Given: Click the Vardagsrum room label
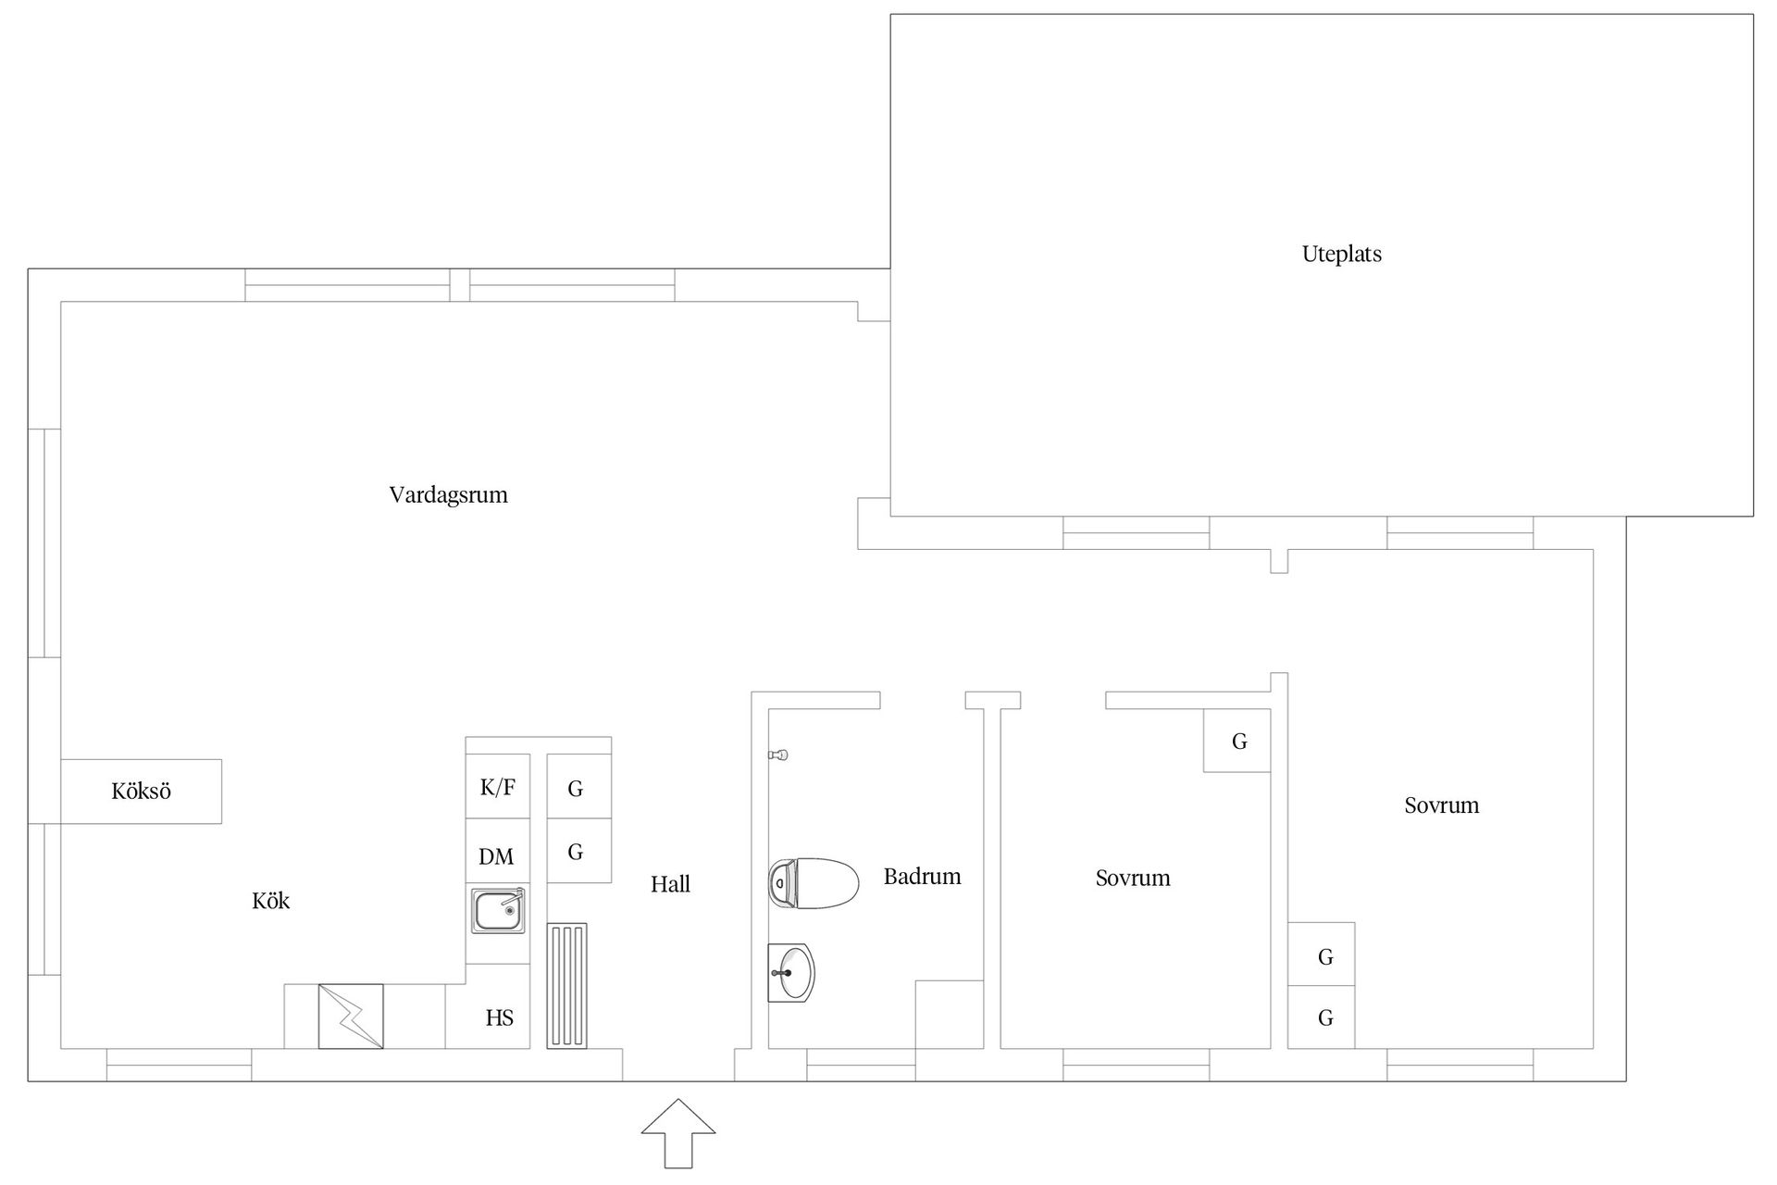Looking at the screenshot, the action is [449, 495].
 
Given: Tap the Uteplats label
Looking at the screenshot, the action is [1341, 255].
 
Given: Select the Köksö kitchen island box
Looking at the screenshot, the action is [141, 792].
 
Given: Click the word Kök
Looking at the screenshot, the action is [271, 901].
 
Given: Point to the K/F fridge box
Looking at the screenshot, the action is [498, 787].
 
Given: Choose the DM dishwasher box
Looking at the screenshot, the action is [498, 851].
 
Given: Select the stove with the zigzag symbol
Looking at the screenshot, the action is [351, 1017].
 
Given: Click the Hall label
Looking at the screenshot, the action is [670, 885].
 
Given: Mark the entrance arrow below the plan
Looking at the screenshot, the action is [678, 1133].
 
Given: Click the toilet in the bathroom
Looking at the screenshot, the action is [814, 883].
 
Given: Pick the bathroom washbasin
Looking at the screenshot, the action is [791, 973].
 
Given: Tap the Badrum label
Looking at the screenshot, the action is [922, 877].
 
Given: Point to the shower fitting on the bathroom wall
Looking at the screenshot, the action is [778, 755].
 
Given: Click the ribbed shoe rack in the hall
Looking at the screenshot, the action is [566, 986].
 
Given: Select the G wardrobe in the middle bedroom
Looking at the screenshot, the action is [1236, 741].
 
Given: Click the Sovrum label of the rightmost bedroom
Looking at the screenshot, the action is [1441, 805].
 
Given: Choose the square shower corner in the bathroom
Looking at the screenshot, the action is [950, 1015].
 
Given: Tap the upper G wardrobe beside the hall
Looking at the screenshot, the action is [578, 787].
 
